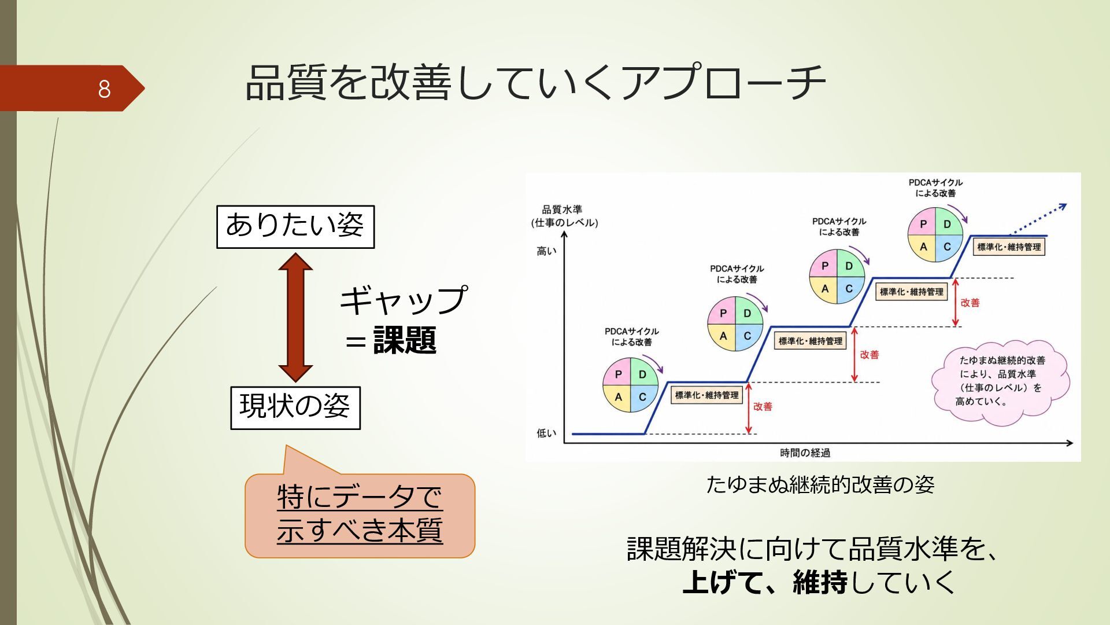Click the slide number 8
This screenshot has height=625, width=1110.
click(104, 89)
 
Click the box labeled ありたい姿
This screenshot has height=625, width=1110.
click(295, 227)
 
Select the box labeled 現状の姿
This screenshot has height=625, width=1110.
click(295, 408)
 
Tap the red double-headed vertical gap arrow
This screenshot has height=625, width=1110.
click(295, 317)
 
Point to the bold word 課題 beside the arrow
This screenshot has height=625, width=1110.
click(405, 340)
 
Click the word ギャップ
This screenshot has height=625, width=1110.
click(403, 300)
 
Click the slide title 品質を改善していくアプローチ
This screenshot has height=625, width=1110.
click(535, 82)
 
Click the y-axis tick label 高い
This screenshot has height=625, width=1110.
click(546, 251)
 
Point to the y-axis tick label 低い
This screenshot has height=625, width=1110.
click(546, 433)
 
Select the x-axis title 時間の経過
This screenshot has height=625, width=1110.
click(805, 453)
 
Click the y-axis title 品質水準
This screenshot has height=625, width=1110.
click(562, 209)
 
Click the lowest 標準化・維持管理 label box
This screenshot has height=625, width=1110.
click(706, 395)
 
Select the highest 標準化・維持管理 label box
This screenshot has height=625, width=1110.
click(1009, 247)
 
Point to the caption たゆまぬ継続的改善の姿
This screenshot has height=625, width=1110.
click(820, 484)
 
